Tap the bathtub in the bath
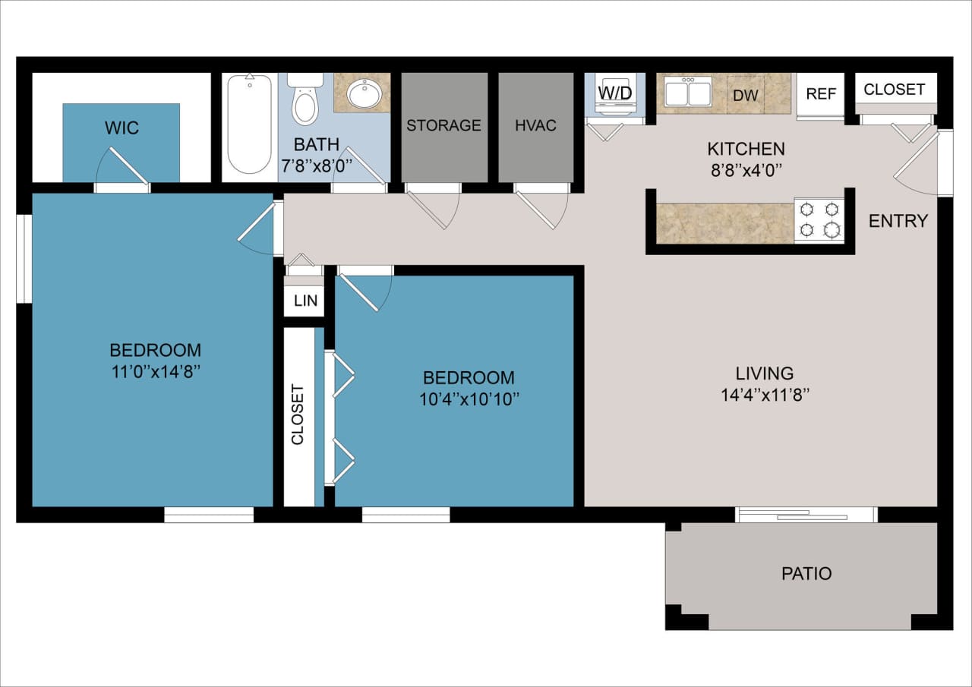point(249,125)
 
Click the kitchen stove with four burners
point(819,220)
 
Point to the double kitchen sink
point(688,93)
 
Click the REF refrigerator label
point(821,94)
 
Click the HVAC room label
point(536,125)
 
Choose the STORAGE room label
point(443,125)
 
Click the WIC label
point(122,128)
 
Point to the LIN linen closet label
point(305,301)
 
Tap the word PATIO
point(806,574)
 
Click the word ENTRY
point(898,221)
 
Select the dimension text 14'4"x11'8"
point(765,395)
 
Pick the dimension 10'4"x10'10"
point(469,399)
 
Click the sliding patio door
point(806,515)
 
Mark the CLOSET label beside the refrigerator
point(895,89)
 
